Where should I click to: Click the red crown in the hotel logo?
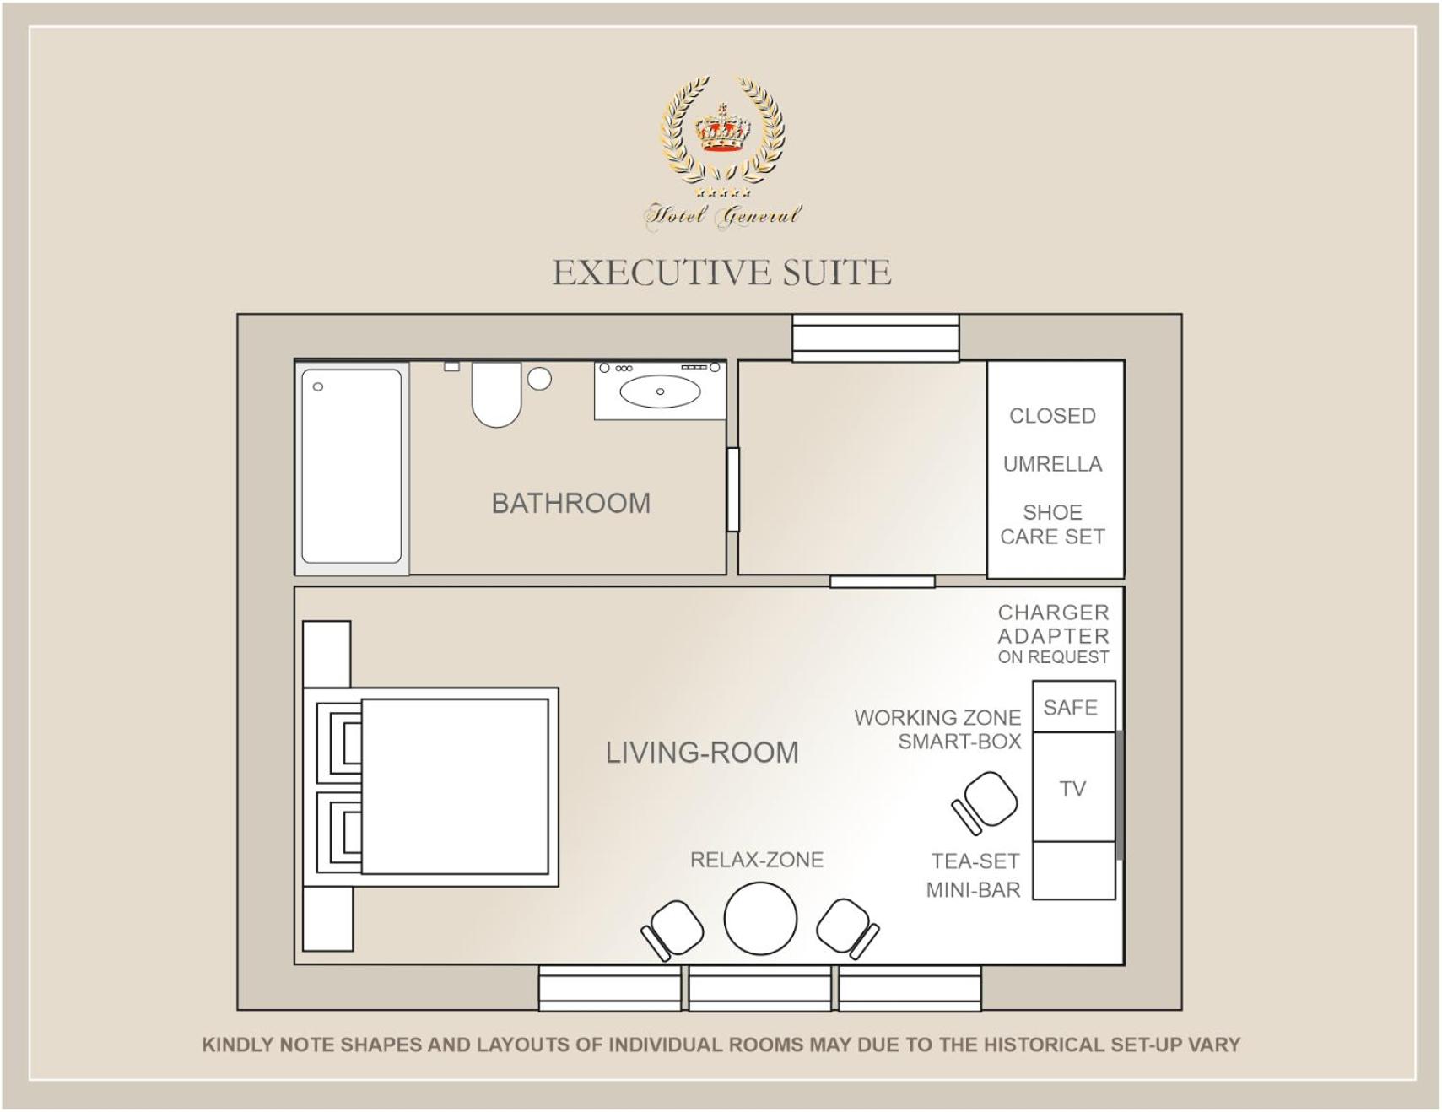point(722,129)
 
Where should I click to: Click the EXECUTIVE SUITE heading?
point(721,273)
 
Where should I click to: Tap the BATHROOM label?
point(571,504)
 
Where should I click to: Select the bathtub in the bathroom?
point(352,467)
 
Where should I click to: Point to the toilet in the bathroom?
point(496,394)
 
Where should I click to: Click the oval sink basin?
point(660,391)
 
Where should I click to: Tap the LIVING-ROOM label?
point(702,753)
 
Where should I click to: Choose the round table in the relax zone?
point(760,919)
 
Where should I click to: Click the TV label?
point(1072,789)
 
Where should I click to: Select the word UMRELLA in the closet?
point(1052,464)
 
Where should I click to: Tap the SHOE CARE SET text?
point(1052,524)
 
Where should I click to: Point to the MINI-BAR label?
point(973,890)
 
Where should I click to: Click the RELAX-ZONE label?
point(757,860)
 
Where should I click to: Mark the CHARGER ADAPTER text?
point(1053,624)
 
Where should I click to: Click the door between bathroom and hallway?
point(733,489)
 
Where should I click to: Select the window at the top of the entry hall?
point(875,337)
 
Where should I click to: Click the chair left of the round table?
point(672,930)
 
